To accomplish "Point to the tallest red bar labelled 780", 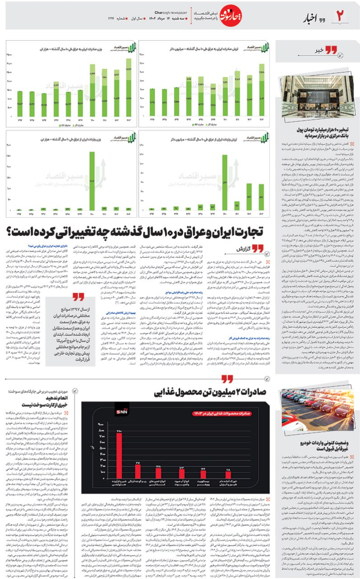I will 120,456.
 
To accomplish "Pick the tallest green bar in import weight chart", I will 92,181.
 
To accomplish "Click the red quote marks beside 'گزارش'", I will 257,248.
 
